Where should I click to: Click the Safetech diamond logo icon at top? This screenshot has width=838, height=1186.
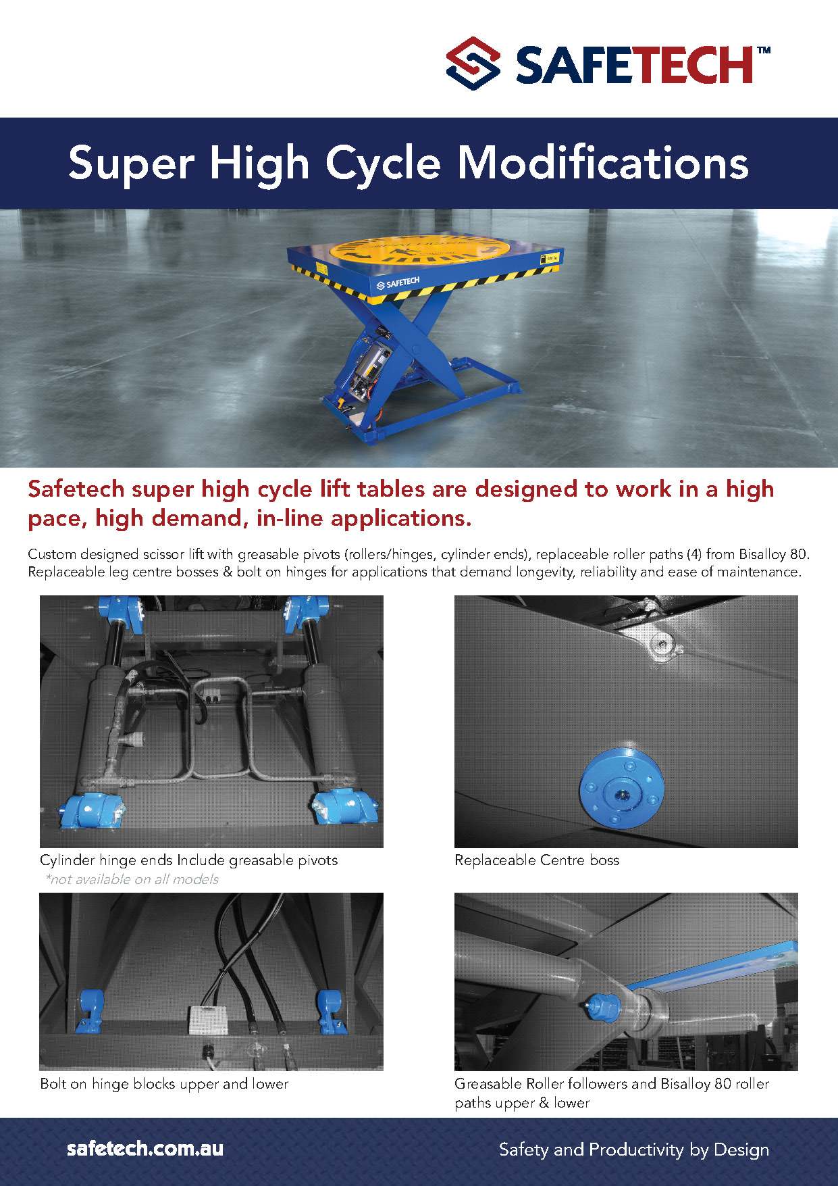coord(473,65)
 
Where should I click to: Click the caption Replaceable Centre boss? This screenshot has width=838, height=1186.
coord(537,860)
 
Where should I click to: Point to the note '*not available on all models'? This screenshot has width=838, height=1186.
coord(132,879)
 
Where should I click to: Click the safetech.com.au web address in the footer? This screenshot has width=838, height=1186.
coord(145,1148)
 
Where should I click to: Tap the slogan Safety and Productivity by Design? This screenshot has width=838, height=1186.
coord(633,1149)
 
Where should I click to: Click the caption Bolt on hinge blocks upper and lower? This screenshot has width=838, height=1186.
coord(164,1084)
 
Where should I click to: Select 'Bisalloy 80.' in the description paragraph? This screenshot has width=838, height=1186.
coord(774,554)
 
